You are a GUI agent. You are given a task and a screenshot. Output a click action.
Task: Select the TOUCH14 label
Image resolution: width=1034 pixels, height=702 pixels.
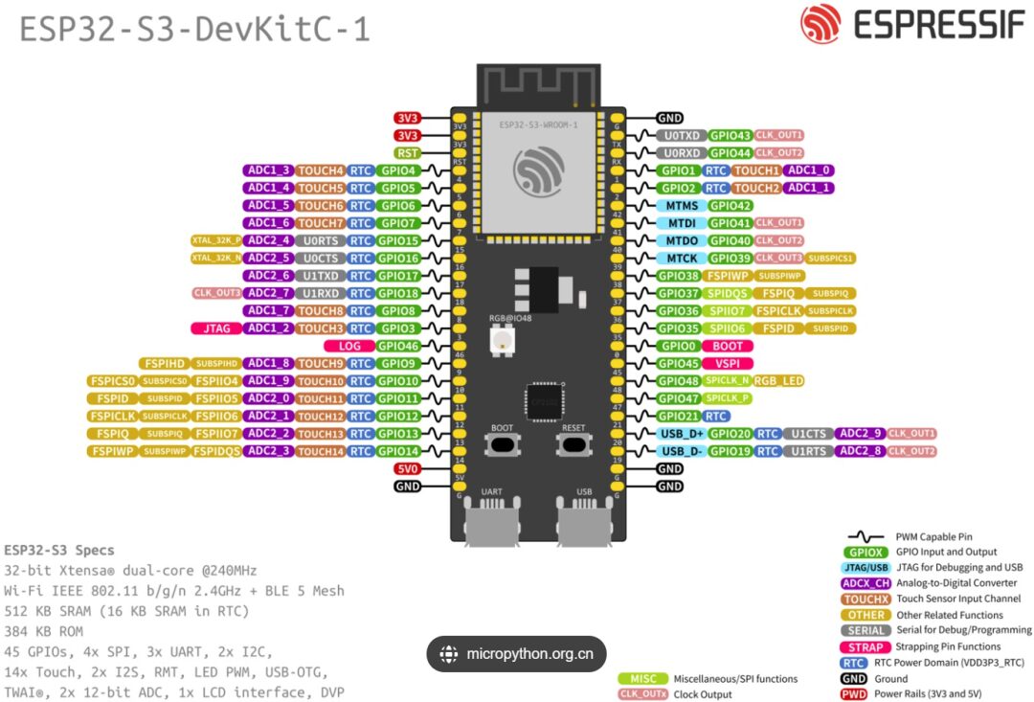tap(320, 451)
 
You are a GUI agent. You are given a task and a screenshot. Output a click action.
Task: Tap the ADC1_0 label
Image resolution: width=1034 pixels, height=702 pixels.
tap(808, 170)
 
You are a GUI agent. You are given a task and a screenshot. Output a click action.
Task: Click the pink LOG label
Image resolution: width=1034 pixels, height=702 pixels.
tap(348, 346)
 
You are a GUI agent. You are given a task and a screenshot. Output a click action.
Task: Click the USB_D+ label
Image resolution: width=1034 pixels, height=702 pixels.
tap(681, 434)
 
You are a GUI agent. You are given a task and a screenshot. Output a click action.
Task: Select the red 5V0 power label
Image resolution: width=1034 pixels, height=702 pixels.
tap(407, 469)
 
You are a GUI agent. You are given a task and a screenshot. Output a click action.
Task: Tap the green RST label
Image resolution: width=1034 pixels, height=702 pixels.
tap(407, 153)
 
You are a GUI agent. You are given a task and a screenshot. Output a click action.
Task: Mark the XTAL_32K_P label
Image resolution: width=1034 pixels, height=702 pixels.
tap(216, 240)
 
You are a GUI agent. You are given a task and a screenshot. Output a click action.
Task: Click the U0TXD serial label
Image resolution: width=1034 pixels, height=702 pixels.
tap(681, 136)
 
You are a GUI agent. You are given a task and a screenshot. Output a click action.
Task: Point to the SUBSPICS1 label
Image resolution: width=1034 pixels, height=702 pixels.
tap(830, 259)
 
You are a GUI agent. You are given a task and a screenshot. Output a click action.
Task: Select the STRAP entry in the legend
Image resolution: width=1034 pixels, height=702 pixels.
tap(865, 646)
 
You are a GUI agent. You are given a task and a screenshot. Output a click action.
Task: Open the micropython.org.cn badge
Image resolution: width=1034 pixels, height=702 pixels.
tap(516, 655)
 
